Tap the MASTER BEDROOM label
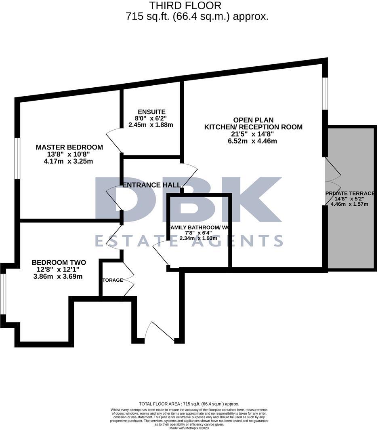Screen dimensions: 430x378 pyautogui.click(x=69, y=148)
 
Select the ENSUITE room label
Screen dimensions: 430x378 pyautogui.click(x=151, y=112)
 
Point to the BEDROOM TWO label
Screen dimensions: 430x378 pyautogui.click(x=59, y=263)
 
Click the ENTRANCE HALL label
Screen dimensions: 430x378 pyautogui.click(x=151, y=185)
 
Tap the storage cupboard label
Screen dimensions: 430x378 pyautogui.click(x=113, y=280)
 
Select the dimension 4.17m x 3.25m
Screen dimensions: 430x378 pyautogui.click(x=69, y=162)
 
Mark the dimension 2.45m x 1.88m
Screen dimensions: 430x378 pyautogui.click(x=151, y=125)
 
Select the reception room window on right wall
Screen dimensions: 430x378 pyautogui.click(x=324, y=93)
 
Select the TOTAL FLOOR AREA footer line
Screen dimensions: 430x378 pyautogui.click(x=189, y=404)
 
